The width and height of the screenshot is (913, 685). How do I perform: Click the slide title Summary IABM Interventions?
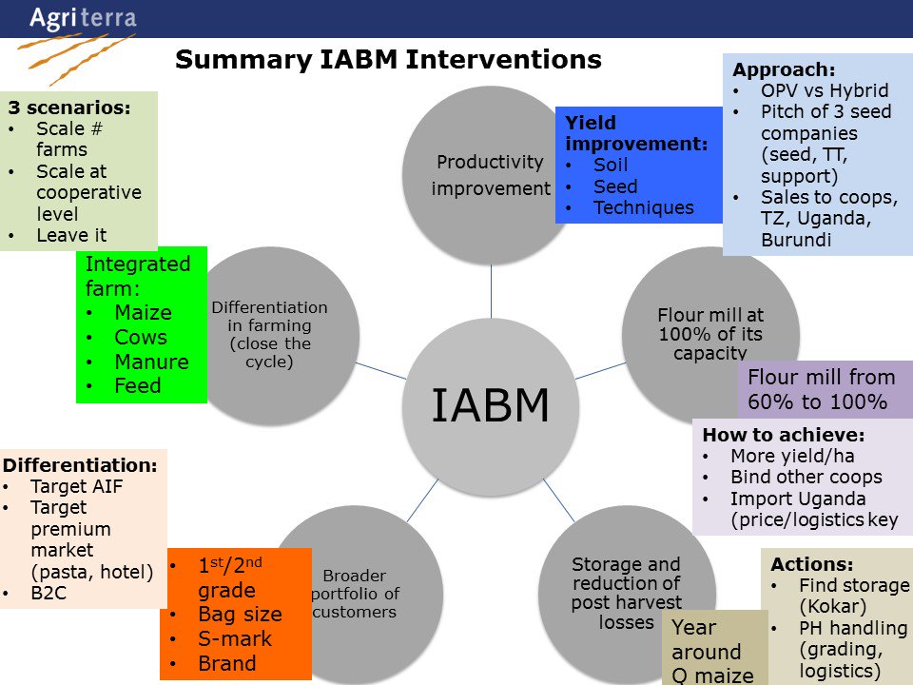tap(388, 60)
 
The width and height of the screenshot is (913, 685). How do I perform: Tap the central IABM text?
tap(490, 405)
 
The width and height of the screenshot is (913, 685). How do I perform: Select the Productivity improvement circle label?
tap(490, 175)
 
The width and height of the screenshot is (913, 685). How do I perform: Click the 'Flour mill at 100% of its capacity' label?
tap(710, 334)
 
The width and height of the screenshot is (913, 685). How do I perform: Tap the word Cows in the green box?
tap(140, 337)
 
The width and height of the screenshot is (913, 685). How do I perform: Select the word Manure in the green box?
tap(151, 362)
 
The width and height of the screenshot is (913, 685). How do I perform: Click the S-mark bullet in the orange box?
tap(234, 639)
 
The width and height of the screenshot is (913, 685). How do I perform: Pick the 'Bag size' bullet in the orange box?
tap(240, 615)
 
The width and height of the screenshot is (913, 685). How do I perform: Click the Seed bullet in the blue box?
tap(615, 186)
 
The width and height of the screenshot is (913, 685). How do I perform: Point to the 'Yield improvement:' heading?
tap(637, 132)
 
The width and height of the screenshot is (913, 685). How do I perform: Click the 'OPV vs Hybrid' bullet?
tap(824, 91)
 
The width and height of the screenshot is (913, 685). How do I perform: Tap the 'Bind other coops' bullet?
tap(806, 477)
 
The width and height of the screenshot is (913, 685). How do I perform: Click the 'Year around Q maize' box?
tap(712, 652)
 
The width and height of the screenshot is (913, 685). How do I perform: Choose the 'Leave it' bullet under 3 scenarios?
tap(71, 235)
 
